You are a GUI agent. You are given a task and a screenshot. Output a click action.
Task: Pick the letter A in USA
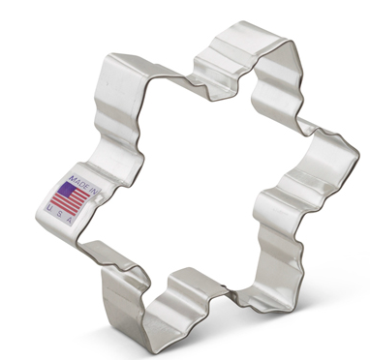[87, 213]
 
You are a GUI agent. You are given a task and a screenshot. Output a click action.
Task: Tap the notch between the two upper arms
[194, 87]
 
